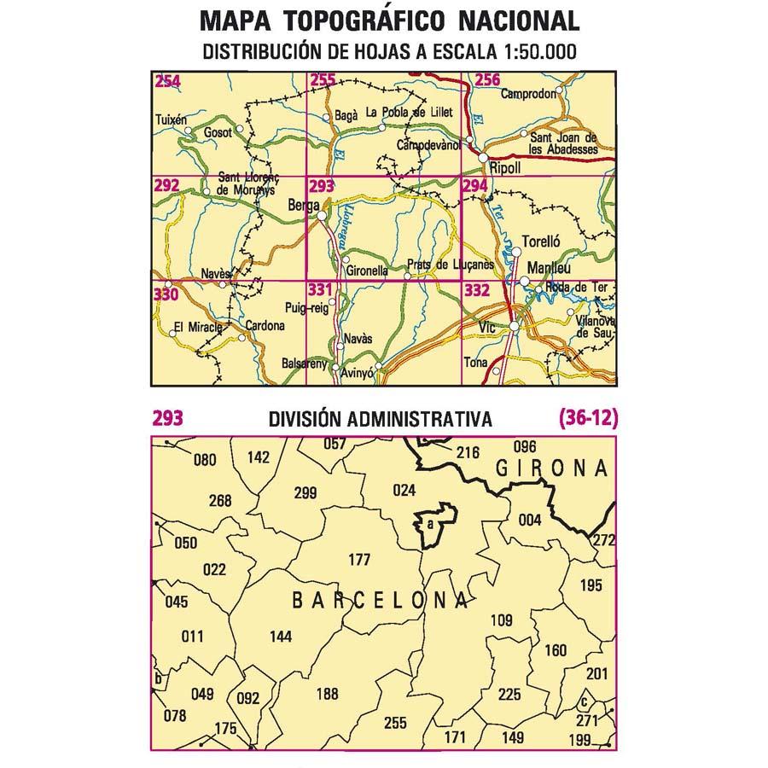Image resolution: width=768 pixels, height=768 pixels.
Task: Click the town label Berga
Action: click(x=304, y=206)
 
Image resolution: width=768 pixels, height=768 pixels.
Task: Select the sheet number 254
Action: click(x=167, y=82)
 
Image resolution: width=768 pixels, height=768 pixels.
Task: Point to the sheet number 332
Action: click(x=477, y=291)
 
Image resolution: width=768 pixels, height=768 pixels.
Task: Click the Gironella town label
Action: click(x=368, y=271)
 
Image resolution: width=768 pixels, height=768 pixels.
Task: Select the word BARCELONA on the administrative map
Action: click(x=380, y=601)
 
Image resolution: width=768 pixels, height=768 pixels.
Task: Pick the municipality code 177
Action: click(x=360, y=560)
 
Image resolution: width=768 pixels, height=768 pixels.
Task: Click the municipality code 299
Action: click(x=305, y=492)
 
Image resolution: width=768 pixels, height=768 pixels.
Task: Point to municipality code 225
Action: click(x=509, y=694)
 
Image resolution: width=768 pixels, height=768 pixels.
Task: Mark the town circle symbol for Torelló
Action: click(x=515, y=252)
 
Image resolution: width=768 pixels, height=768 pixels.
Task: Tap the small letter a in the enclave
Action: click(x=431, y=523)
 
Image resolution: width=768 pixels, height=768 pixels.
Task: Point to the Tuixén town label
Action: click(x=170, y=120)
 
